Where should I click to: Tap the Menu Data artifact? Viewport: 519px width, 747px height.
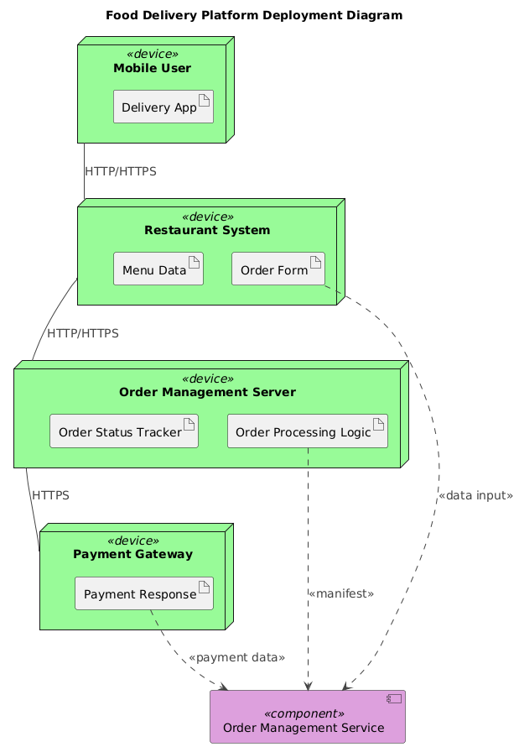[x=158, y=269]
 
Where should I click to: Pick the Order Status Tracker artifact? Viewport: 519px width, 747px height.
[x=124, y=431]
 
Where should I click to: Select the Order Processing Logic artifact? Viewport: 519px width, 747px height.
[x=308, y=431]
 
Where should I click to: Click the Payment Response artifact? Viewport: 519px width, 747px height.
[x=144, y=594]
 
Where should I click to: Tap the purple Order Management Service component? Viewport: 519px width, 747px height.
[x=307, y=718]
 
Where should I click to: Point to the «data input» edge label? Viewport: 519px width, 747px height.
[x=475, y=496]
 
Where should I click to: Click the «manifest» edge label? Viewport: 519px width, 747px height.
[x=341, y=593]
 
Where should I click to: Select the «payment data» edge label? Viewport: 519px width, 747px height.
[x=237, y=657]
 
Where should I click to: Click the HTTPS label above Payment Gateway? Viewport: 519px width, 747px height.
[x=50, y=495]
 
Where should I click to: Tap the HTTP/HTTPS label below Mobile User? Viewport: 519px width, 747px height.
[x=121, y=171]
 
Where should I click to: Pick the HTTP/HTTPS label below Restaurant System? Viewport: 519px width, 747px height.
[x=83, y=333]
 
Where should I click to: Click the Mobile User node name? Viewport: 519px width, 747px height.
[x=155, y=67]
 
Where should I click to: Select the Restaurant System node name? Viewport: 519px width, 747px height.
[x=207, y=230]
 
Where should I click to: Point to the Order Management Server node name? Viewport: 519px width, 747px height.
[x=207, y=392]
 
